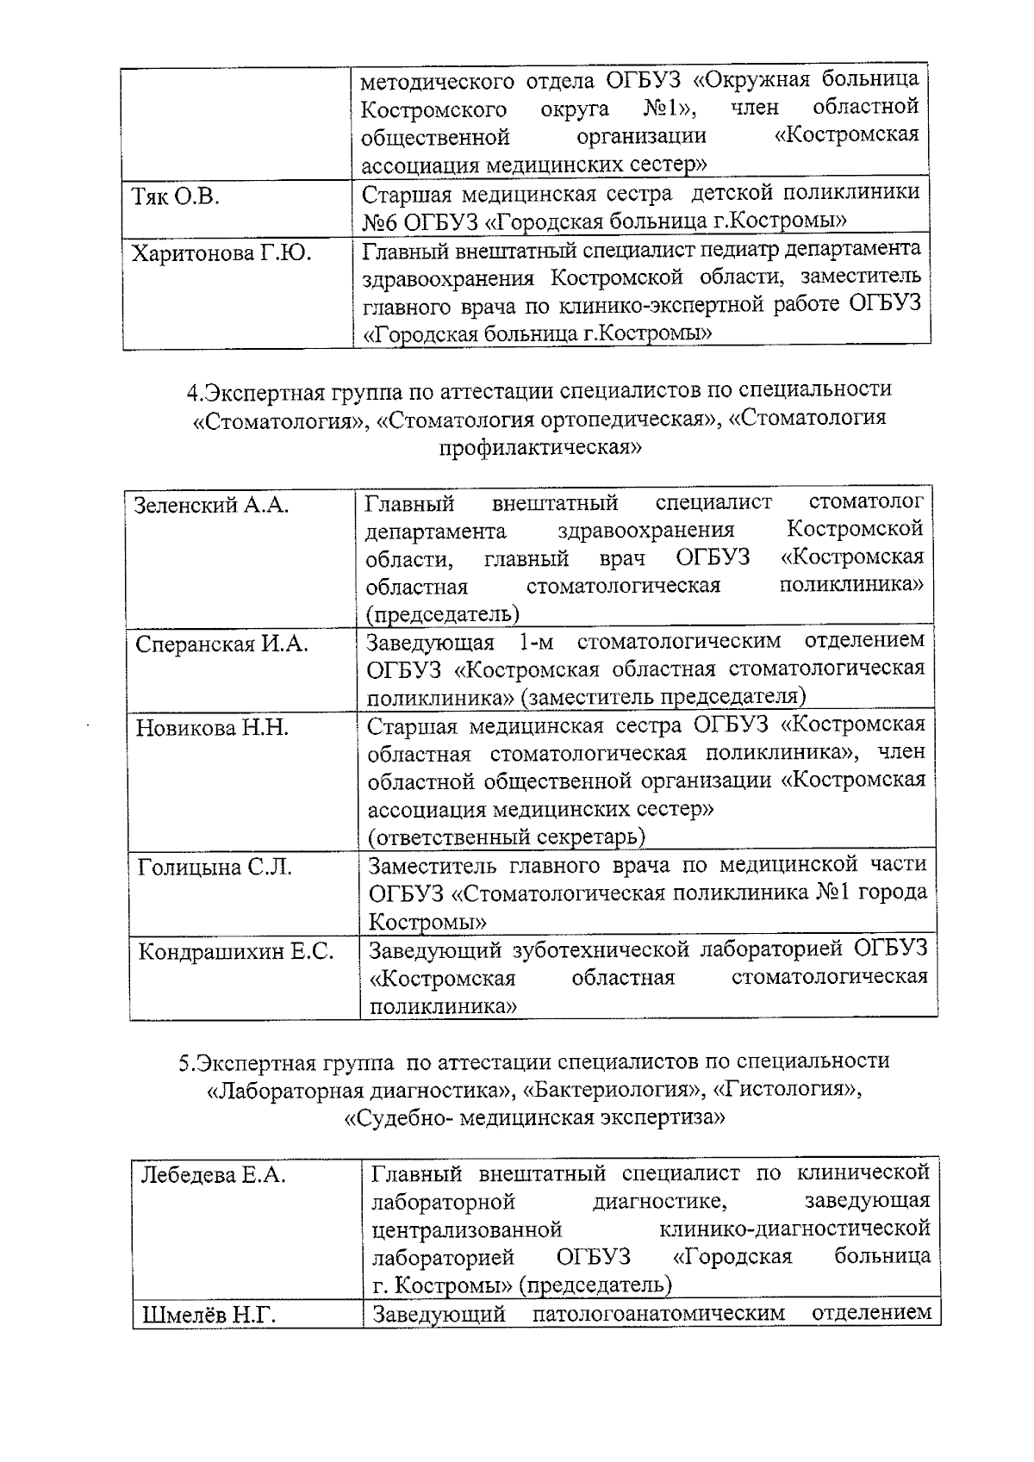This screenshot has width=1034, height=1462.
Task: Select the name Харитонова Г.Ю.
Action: [221, 253]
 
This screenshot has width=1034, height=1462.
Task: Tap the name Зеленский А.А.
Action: [211, 505]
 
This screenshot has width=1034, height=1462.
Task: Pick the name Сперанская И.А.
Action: [221, 644]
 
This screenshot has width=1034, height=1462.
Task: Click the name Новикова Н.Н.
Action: [212, 728]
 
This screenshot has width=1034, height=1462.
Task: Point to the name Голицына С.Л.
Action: [215, 868]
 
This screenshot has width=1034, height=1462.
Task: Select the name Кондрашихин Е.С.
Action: [236, 952]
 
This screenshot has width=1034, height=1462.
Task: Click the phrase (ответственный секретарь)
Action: [507, 837]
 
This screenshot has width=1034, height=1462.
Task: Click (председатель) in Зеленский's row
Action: [442, 613]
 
